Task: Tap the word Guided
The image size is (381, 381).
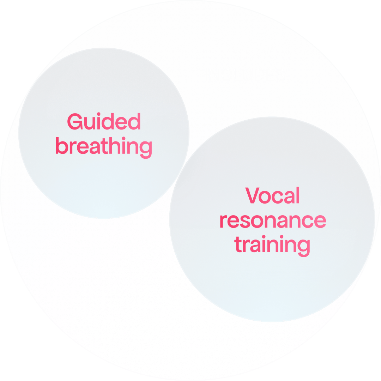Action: pos(104,122)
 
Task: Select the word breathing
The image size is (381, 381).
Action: pos(104,146)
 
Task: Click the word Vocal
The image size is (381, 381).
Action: pos(272,196)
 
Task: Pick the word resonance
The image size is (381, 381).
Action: pos(272,220)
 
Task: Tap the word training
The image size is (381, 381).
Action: pos(272,245)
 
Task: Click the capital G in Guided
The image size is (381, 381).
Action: pos(75,122)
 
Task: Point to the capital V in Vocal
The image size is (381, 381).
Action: pos(253,196)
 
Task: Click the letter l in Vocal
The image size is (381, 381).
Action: pos(297,195)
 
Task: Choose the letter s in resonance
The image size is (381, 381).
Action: pos(253,222)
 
